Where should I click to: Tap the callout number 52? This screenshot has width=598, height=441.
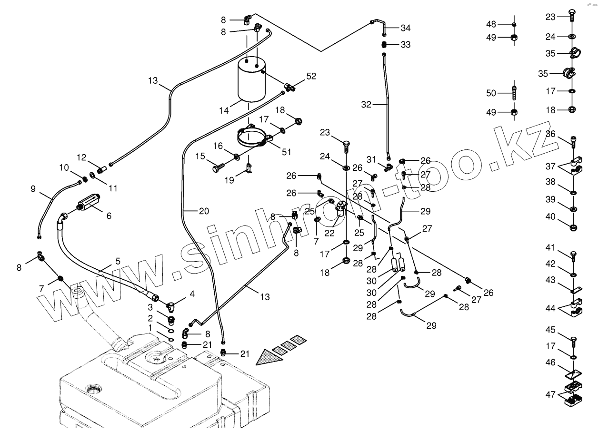pos(311,76)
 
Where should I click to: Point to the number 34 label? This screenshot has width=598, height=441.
pos(405,28)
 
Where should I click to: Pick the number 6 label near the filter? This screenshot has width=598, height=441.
pos(109,216)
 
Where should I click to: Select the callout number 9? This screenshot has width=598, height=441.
pos(33,188)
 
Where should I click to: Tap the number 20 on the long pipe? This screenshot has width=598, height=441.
pos(204,212)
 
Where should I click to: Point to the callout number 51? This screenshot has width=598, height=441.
pos(286,152)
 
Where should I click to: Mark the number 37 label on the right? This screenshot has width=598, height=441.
pos(551,166)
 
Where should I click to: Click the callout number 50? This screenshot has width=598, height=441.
pos(491,93)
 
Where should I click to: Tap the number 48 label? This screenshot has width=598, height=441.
pos(491,24)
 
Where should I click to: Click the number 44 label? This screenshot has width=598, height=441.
pos(551,308)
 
